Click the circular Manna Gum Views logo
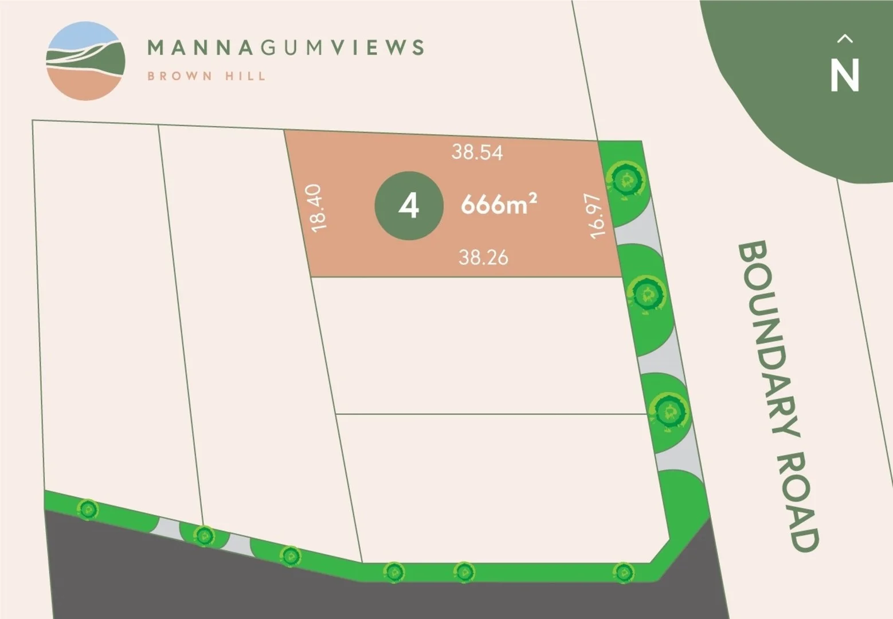click(x=86, y=61)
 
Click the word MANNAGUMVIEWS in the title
click(x=285, y=47)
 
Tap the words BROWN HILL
click(x=206, y=76)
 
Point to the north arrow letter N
click(x=845, y=76)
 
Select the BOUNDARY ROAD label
click(x=778, y=395)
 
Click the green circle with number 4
click(x=409, y=205)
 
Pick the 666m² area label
click(x=499, y=204)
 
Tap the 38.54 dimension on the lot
click(x=477, y=152)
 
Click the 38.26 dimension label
click(x=483, y=257)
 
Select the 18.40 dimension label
click(x=319, y=207)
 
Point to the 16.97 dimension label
click(x=596, y=216)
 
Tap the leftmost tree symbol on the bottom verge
click(x=88, y=509)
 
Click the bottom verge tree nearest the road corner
click(x=623, y=571)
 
